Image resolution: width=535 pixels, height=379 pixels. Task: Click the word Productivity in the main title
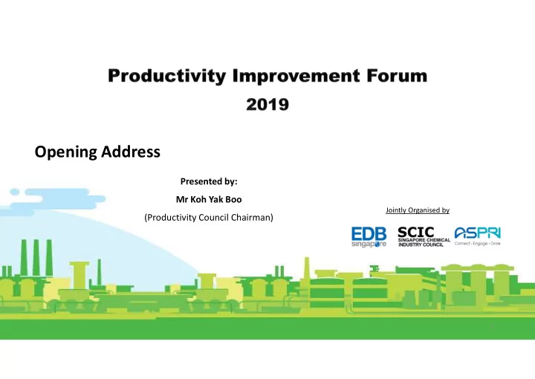pos(167,76)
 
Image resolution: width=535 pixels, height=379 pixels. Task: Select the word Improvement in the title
pos(296,76)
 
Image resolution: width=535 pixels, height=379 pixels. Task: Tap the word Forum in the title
pos(397,75)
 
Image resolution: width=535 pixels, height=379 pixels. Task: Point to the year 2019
pos(267,104)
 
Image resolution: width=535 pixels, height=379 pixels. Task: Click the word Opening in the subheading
pos(65,152)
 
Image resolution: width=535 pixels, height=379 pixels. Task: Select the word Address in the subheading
pos(131,152)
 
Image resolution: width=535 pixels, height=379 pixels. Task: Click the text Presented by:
pos(209,181)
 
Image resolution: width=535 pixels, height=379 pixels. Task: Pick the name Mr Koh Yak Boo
pos(209,199)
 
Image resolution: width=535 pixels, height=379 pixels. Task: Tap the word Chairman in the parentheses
pos(252,218)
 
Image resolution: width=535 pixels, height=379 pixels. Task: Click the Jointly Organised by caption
pos(418,210)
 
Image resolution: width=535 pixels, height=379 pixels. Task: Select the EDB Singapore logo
pos(369,237)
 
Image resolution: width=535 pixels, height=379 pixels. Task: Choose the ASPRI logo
pos(478,236)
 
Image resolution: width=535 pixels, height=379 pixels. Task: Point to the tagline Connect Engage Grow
pos(478,244)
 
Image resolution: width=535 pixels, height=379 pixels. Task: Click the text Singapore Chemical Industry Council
pos(424,242)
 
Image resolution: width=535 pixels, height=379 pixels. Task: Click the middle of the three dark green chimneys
pos(36,258)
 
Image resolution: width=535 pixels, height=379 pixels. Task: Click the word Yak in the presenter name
pos(215,199)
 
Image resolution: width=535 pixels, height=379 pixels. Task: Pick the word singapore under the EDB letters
pos(369,244)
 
